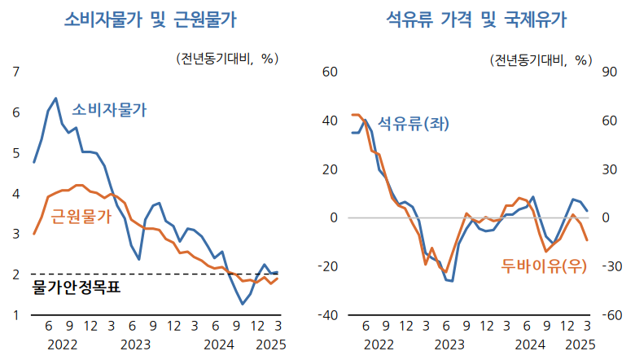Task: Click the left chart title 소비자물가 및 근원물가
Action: pos(156,20)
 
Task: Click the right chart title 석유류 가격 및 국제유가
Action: pos(475,20)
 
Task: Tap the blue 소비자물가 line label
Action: pos(110,110)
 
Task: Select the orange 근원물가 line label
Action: pos(81,217)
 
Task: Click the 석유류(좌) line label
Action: pos(414,124)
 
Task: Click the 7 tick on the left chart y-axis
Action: pos(16,72)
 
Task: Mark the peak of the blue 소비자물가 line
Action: pos(55,99)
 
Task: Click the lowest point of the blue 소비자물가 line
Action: pos(242,304)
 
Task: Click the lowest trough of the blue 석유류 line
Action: pos(451,281)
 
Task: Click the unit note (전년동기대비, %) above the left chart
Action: pos(227,59)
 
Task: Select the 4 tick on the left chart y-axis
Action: pos(16,194)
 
